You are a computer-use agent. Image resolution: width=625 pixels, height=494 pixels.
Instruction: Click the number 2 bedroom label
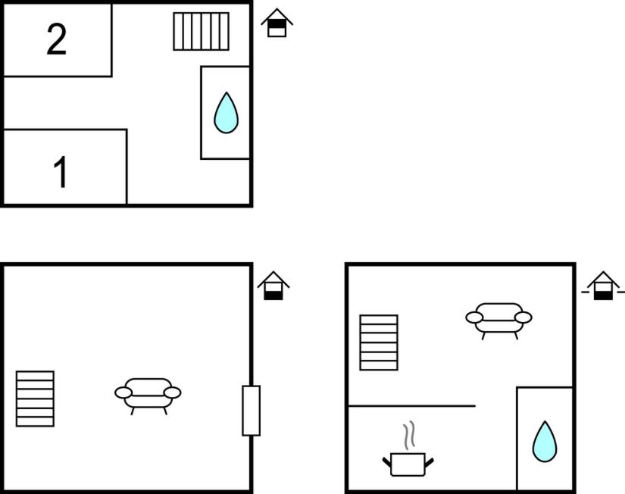point(57,39)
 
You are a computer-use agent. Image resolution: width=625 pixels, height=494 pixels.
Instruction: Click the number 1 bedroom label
point(61,172)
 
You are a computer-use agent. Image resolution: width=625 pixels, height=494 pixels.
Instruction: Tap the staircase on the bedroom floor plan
point(202,32)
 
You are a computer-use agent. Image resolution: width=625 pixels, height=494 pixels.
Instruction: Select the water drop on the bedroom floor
point(226,113)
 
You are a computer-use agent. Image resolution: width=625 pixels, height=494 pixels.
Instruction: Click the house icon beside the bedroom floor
point(277,23)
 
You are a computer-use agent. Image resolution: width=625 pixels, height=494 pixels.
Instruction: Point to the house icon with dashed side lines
point(603,286)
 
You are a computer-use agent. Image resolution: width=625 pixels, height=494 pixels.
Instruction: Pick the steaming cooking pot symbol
point(408,464)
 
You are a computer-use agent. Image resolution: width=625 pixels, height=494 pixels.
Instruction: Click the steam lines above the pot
point(409,435)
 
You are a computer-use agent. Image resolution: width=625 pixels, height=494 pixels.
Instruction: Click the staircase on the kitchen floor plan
point(379,342)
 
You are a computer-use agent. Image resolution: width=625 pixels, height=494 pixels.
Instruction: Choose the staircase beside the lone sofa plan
point(35,399)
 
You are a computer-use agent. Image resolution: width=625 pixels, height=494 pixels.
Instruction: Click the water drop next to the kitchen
point(545,442)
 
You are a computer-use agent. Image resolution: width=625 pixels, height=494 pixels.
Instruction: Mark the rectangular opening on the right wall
point(251,411)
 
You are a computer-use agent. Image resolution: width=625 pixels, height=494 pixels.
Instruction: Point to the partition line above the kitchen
point(412,406)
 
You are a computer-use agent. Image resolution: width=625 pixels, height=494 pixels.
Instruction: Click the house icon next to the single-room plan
point(273,286)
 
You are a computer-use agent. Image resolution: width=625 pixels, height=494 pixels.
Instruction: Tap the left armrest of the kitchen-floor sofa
point(474,317)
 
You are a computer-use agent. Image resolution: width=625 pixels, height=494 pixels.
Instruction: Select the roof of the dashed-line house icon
point(603,280)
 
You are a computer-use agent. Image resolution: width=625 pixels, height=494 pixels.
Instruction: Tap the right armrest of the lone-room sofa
point(173,392)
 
